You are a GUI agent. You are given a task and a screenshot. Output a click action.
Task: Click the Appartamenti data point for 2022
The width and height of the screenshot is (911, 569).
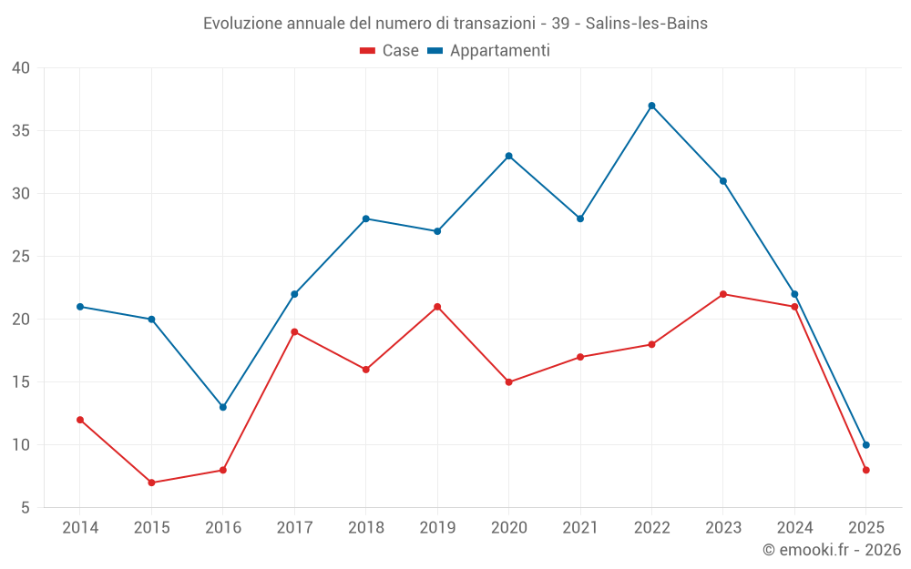[651, 106]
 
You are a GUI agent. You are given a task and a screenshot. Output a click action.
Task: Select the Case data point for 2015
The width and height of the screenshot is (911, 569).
[151, 483]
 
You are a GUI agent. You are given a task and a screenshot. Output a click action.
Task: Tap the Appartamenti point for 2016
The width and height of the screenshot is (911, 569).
[223, 407]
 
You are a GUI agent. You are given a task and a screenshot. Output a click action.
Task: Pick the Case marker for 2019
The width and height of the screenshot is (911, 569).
[437, 307]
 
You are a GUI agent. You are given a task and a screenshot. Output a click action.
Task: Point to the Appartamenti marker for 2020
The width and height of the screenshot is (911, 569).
[508, 156]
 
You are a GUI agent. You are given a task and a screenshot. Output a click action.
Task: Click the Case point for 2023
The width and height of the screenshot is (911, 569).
[723, 294]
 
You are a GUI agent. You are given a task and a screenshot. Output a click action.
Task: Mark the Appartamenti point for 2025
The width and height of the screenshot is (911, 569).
[866, 445]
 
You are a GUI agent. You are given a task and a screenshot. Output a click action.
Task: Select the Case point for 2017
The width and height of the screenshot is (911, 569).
[294, 331]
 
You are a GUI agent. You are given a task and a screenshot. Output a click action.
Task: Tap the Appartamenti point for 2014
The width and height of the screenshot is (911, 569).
[80, 307]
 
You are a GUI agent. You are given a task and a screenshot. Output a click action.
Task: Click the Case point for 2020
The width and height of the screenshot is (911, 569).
[508, 382]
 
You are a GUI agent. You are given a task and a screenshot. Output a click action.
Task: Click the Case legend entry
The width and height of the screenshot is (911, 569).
[390, 51]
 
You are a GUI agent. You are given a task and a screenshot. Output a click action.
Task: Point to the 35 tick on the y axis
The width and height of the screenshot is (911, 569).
[21, 131]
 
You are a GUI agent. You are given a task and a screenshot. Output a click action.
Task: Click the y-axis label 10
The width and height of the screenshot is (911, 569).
[21, 445]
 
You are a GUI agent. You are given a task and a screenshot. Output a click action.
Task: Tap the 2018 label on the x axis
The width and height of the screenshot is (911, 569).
[365, 528]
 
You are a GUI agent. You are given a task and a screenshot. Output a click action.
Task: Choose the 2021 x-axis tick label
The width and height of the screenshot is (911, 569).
[580, 528]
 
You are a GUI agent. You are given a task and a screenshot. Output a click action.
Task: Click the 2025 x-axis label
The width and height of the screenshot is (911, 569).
[866, 528]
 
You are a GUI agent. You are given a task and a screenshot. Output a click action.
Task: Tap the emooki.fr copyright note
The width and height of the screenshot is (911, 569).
[832, 550]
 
